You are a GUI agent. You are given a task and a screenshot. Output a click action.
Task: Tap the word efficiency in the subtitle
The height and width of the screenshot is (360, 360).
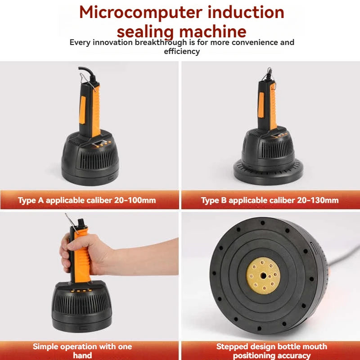point(182,51)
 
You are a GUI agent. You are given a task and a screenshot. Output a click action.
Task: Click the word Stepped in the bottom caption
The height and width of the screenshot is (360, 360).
point(234,346)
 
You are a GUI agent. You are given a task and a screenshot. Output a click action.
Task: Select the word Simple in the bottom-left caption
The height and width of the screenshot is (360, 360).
point(47,346)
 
